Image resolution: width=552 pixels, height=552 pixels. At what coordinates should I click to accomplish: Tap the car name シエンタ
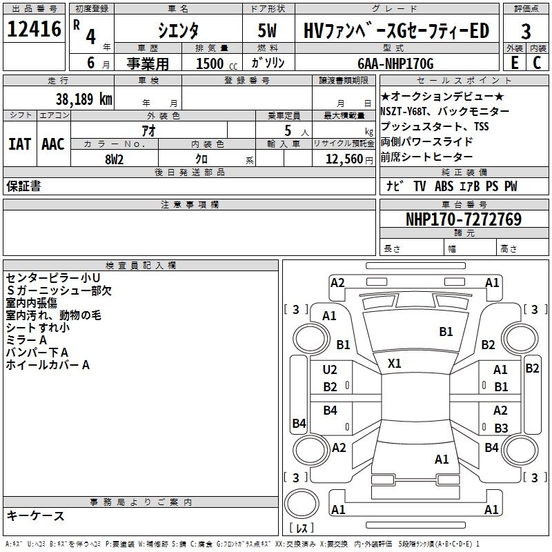(178, 30)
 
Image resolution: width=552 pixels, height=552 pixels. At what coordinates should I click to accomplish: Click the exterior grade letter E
(514, 63)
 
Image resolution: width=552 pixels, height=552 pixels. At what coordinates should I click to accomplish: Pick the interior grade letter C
(537, 63)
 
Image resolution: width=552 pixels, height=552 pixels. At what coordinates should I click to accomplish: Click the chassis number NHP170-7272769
(463, 219)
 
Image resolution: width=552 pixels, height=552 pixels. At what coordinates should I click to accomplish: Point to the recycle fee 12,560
(343, 159)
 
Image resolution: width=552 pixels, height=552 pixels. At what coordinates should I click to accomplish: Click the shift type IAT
(19, 144)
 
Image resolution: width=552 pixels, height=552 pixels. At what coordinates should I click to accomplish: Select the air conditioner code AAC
(52, 144)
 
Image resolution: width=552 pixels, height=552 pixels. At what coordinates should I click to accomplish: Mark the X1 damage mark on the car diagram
(395, 363)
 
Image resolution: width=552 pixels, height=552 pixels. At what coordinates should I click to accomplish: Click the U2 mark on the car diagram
(330, 370)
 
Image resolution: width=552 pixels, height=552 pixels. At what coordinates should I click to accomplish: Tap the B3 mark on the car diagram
(501, 428)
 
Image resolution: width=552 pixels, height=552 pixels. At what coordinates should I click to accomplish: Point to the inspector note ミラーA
(26, 340)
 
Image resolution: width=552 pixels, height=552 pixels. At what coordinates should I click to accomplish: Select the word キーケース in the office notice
(35, 515)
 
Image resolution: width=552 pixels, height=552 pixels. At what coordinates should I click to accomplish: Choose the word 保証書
(23, 186)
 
